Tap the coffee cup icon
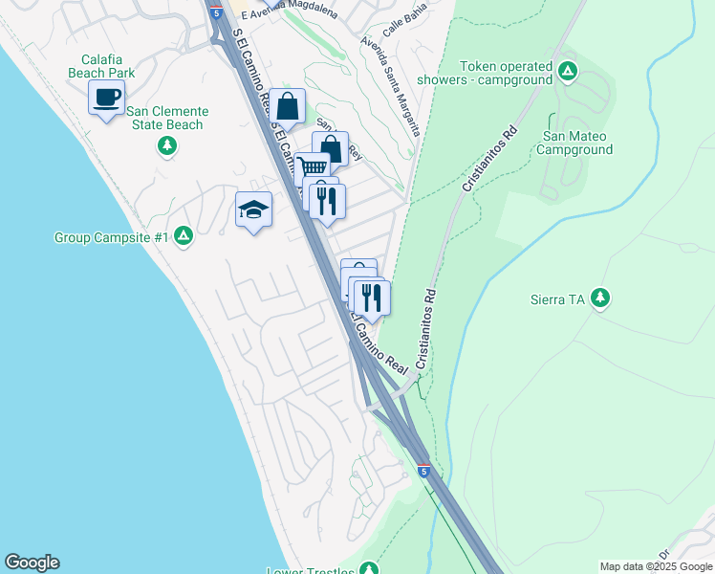pyautogui.click(x=107, y=97)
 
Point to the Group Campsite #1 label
pyautogui.click(x=111, y=237)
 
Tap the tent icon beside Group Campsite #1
pyautogui.click(x=184, y=236)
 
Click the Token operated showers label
pyautogui.click(x=507, y=73)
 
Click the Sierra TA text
pyautogui.click(x=557, y=299)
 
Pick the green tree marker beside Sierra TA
pyautogui.click(x=600, y=298)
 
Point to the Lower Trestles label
pyautogui.click(x=311, y=571)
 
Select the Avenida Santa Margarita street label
pyautogui.click(x=390, y=58)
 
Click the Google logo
pyautogui.click(x=32, y=563)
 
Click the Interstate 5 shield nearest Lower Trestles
pyautogui.click(x=423, y=471)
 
